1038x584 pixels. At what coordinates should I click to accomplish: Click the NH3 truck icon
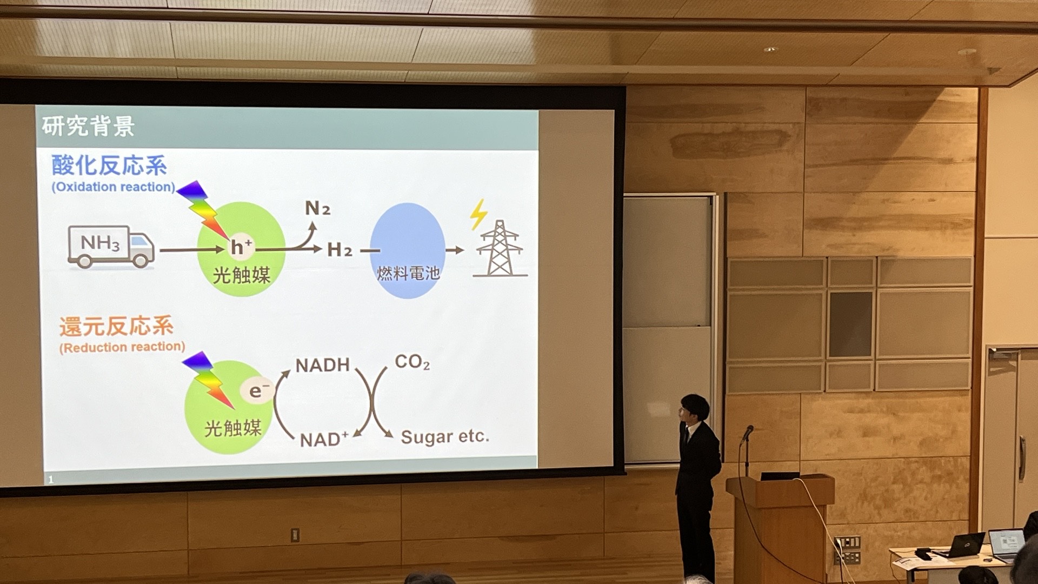111,247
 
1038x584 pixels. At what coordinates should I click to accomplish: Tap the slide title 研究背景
88,127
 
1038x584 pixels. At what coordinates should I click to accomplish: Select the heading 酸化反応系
109,165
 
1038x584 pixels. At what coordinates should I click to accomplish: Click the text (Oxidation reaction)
114,187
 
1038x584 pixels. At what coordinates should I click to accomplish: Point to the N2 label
317,208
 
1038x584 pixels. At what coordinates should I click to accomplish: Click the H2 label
340,250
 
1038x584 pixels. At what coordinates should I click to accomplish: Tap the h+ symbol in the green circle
241,247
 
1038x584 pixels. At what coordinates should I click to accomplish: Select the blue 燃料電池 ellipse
408,250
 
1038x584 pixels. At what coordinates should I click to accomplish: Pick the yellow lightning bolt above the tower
478,214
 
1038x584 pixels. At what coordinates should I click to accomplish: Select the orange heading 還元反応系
116,327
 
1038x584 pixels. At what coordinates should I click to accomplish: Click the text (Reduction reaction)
122,347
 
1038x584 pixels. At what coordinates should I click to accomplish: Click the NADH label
323,366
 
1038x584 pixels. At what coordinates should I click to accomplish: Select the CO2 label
412,362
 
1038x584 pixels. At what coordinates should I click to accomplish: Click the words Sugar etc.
445,436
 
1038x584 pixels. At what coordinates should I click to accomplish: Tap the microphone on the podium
747,433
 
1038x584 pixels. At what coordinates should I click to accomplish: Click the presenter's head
694,410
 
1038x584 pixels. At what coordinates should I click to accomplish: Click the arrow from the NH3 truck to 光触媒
192,250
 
